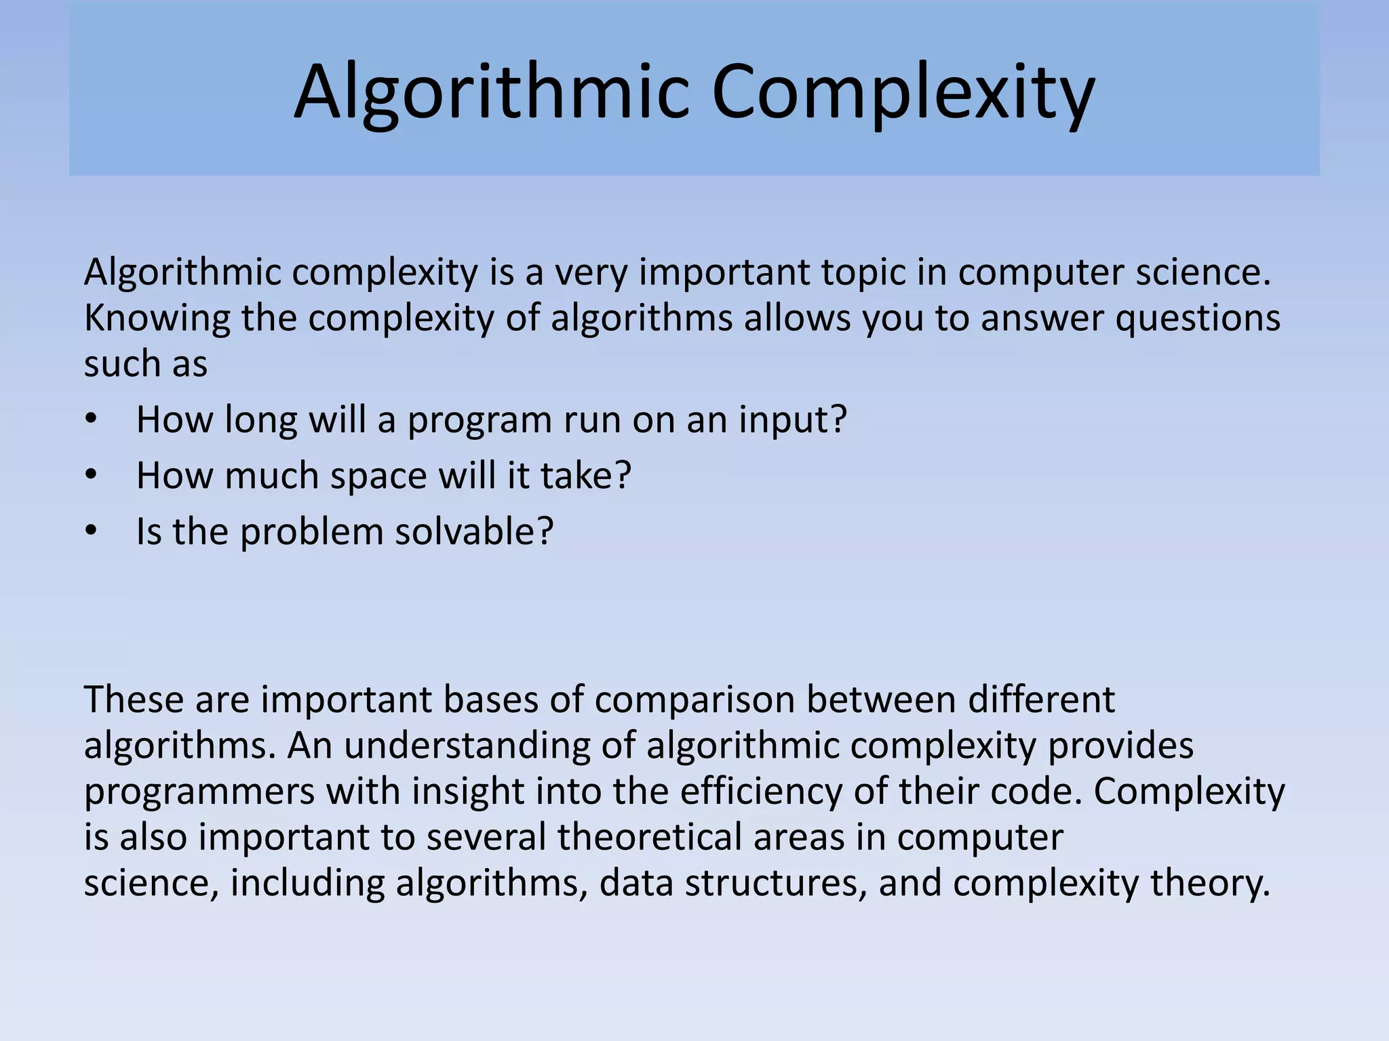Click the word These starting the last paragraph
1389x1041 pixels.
coord(134,699)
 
